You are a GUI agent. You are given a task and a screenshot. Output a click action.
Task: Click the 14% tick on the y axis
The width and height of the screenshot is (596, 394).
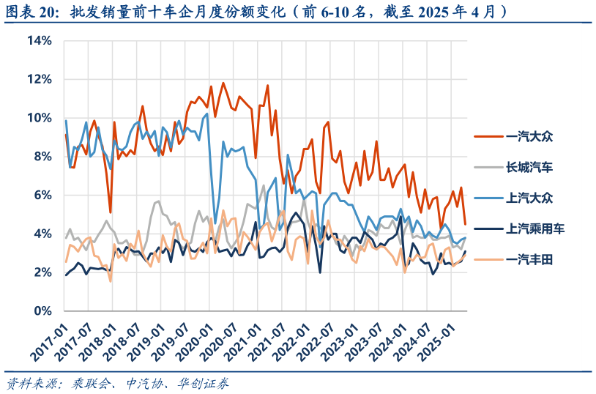(x=40, y=40)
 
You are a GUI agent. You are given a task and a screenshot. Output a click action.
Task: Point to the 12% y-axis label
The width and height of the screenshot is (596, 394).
(x=40, y=79)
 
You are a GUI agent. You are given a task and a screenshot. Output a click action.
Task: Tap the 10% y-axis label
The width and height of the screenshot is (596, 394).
(x=40, y=118)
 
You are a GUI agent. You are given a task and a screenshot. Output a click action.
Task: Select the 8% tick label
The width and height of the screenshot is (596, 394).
(x=42, y=157)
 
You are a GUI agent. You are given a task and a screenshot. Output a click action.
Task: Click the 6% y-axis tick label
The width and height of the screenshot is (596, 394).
(x=42, y=195)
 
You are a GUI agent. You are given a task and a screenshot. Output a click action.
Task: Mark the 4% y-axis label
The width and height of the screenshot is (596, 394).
(x=42, y=234)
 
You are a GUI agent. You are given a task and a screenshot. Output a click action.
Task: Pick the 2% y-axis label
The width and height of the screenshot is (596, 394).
(x=42, y=272)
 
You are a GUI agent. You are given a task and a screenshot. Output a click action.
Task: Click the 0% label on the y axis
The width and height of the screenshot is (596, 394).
(x=42, y=311)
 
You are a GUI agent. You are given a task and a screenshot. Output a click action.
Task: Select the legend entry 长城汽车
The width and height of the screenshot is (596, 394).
(x=529, y=167)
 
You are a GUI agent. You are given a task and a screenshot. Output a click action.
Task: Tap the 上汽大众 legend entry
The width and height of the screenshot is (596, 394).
(x=529, y=198)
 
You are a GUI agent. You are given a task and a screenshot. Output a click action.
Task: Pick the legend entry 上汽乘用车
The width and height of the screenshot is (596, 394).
(x=535, y=228)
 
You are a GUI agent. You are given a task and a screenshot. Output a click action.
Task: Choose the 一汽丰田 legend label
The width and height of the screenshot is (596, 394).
(x=529, y=259)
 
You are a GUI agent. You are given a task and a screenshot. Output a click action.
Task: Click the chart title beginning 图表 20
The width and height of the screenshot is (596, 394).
(x=256, y=12)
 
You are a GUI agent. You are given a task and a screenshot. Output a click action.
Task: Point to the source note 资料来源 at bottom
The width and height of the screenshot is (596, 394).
(x=117, y=383)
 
